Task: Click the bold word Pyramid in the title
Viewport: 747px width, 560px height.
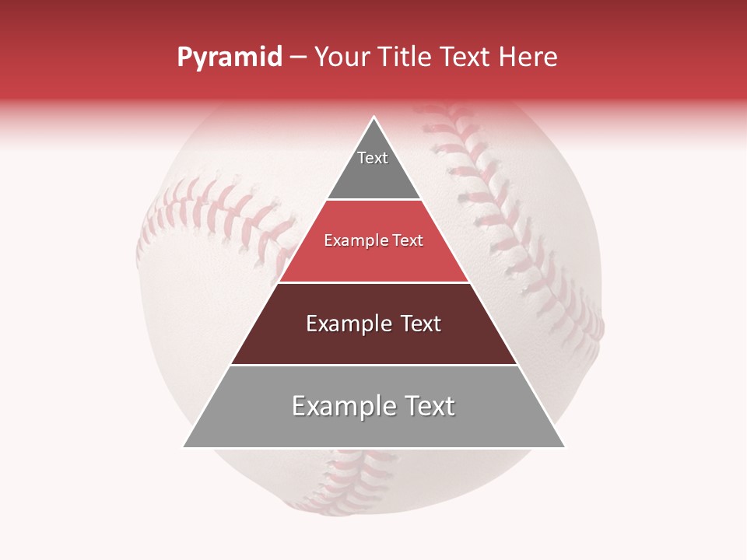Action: [x=229, y=58]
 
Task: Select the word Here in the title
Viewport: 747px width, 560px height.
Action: [x=528, y=58]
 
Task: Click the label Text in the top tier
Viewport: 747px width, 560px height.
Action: [x=373, y=158]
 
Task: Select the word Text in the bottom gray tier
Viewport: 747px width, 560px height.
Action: [x=427, y=406]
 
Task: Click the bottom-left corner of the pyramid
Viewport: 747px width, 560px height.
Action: [x=184, y=446]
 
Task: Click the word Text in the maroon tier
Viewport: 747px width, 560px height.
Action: [x=420, y=324]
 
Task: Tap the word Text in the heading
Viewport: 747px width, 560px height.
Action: [x=466, y=58]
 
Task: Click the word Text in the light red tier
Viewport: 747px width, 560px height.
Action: [x=409, y=241]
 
